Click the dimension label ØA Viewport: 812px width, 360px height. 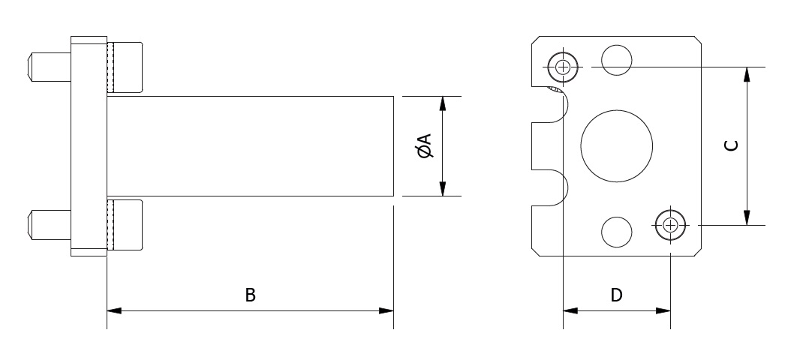(x=423, y=145)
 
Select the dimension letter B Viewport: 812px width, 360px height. (x=250, y=295)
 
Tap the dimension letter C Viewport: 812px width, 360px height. (x=731, y=145)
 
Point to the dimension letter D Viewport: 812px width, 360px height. (x=616, y=295)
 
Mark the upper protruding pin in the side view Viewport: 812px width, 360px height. (x=50, y=67)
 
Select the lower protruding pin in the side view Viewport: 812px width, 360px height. (x=50, y=225)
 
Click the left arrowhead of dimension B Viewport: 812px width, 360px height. (x=115, y=310)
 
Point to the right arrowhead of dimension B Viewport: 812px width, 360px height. (x=386, y=310)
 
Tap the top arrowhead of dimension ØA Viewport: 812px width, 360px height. (x=442, y=103)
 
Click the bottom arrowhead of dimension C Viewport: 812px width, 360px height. (x=747, y=217)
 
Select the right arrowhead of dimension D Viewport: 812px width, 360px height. (x=663, y=310)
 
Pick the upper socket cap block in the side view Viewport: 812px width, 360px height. (x=125, y=67)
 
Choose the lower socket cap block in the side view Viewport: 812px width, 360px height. (x=125, y=225)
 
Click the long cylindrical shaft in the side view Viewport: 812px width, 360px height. (x=250, y=146)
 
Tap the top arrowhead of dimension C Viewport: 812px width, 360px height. (x=747, y=74)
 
